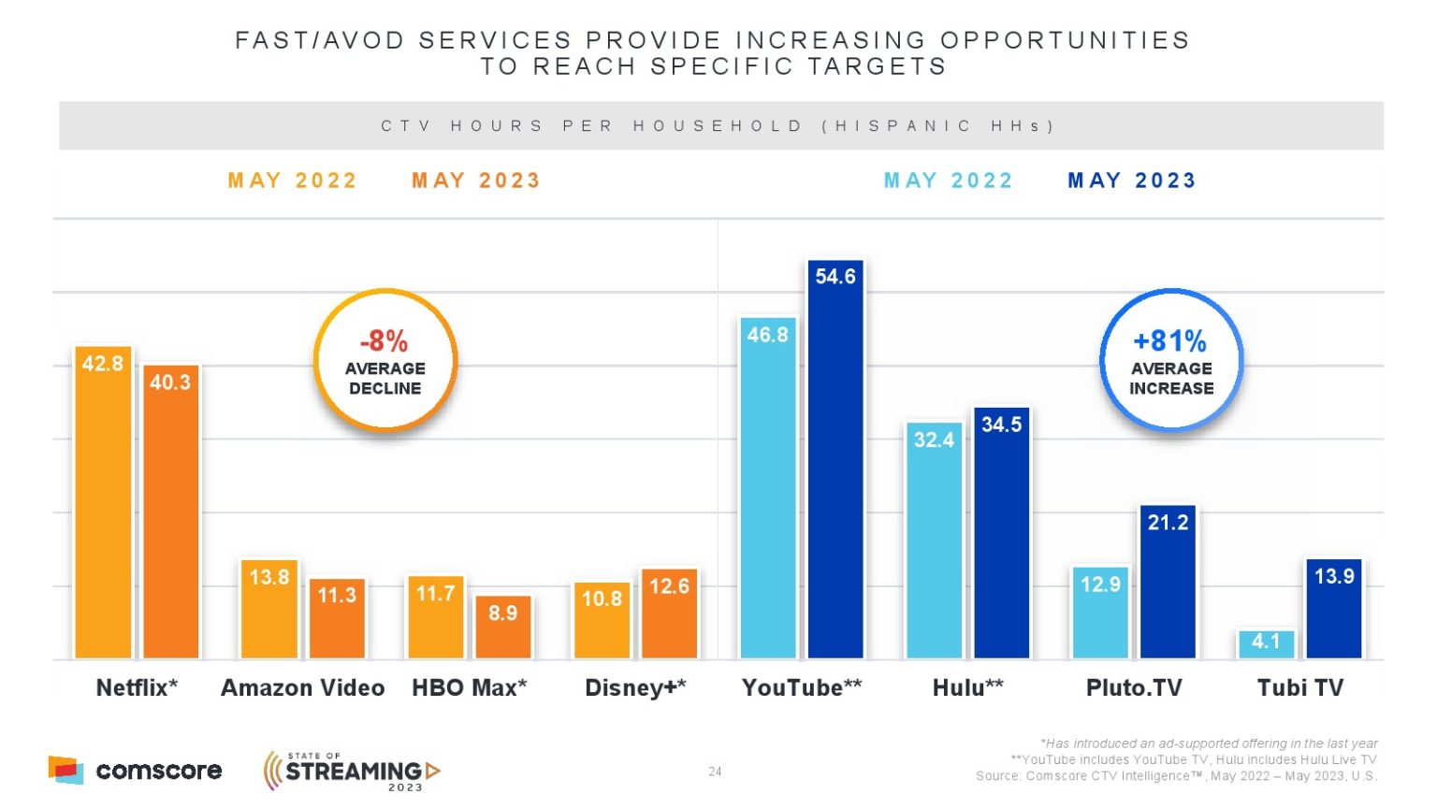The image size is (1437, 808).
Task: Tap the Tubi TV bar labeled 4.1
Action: click(x=1266, y=643)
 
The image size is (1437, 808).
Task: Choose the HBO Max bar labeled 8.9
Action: click(x=503, y=627)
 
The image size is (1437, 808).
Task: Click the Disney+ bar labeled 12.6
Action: click(x=669, y=613)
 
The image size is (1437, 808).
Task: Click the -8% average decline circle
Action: click(x=385, y=361)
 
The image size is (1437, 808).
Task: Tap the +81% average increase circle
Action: click(x=1171, y=361)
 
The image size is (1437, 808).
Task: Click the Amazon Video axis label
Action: click(x=302, y=688)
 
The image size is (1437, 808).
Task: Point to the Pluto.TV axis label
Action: click(x=1134, y=688)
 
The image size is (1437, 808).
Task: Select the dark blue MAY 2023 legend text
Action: click(x=1132, y=180)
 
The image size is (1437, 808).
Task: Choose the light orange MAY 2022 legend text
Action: click(x=292, y=180)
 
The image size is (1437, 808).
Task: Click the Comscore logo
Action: click(x=135, y=771)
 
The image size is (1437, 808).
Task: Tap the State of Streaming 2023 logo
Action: click(x=352, y=772)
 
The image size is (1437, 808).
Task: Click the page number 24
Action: click(x=715, y=772)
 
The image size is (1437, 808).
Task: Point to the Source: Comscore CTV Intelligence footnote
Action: click(x=1176, y=775)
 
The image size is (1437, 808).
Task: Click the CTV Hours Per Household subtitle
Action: click(x=718, y=126)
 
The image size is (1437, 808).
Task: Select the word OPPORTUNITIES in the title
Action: click(x=1065, y=40)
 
